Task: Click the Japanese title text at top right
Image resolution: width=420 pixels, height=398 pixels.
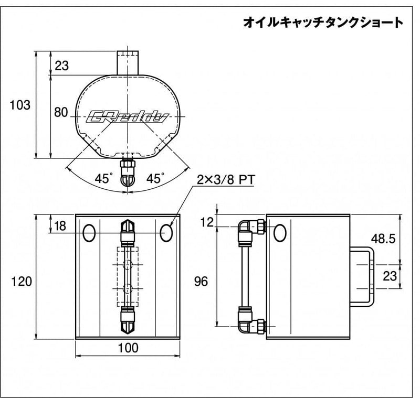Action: pos(323,23)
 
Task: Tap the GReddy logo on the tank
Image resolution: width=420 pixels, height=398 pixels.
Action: pos(128,117)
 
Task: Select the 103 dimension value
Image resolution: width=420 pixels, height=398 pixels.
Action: pos(20,105)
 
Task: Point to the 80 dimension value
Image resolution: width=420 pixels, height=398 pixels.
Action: pos(61,112)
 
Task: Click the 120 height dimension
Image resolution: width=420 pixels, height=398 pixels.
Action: pos(22,282)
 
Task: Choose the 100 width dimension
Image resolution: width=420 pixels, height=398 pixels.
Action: pos(128,348)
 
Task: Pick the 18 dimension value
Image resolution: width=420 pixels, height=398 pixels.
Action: pos(60,226)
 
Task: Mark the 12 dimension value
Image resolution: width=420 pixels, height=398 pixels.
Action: pos(207,222)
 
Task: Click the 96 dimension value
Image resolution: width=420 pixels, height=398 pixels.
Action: pos(201,282)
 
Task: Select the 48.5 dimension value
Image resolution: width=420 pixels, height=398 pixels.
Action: pos(383,239)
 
